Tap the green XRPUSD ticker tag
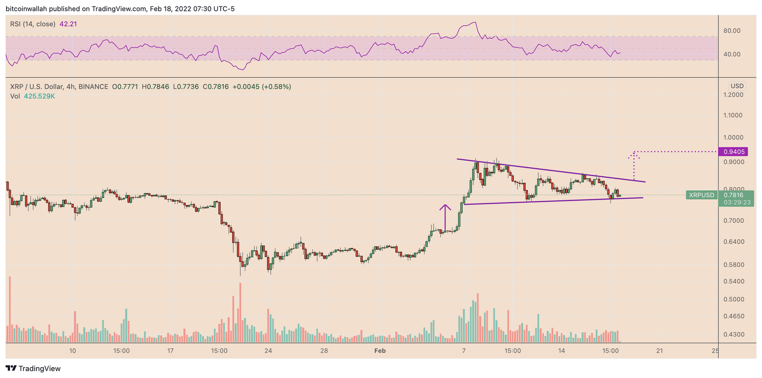coord(701,195)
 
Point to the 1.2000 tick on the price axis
coord(736,95)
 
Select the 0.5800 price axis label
coord(736,265)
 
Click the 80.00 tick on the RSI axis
coord(732,31)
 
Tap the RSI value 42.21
coord(69,24)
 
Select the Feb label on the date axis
coord(380,351)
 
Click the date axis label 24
coord(268,351)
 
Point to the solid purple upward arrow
coord(445,217)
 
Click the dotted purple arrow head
coord(634,155)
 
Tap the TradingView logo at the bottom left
coord(33,369)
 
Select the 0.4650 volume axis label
coord(736,316)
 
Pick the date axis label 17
coord(170,351)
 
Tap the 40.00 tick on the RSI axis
coord(732,54)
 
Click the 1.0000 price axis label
coord(736,138)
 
